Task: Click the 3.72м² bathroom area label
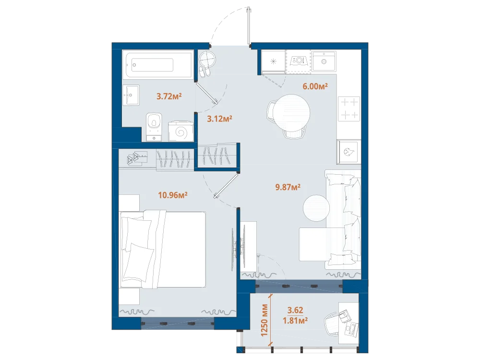click(x=169, y=96)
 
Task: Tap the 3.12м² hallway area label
click(x=219, y=119)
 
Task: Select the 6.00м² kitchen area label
click(x=315, y=86)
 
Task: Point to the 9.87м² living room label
click(x=288, y=187)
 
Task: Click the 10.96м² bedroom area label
click(x=173, y=195)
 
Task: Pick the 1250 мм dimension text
click(x=264, y=320)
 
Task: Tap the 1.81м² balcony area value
click(x=295, y=321)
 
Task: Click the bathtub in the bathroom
click(x=157, y=65)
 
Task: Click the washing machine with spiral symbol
click(x=181, y=131)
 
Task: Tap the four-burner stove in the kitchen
click(x=349, y=108)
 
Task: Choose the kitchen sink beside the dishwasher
click(x=324, y=61)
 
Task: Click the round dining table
click(x=292, y=113)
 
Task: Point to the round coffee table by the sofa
click(x=316, y=208)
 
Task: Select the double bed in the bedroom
click(x=163, y=249)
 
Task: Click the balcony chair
click(x=332, y=324)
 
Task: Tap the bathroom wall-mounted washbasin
click(x=131, y=95)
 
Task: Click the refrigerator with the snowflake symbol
click(x=274, y=61)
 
